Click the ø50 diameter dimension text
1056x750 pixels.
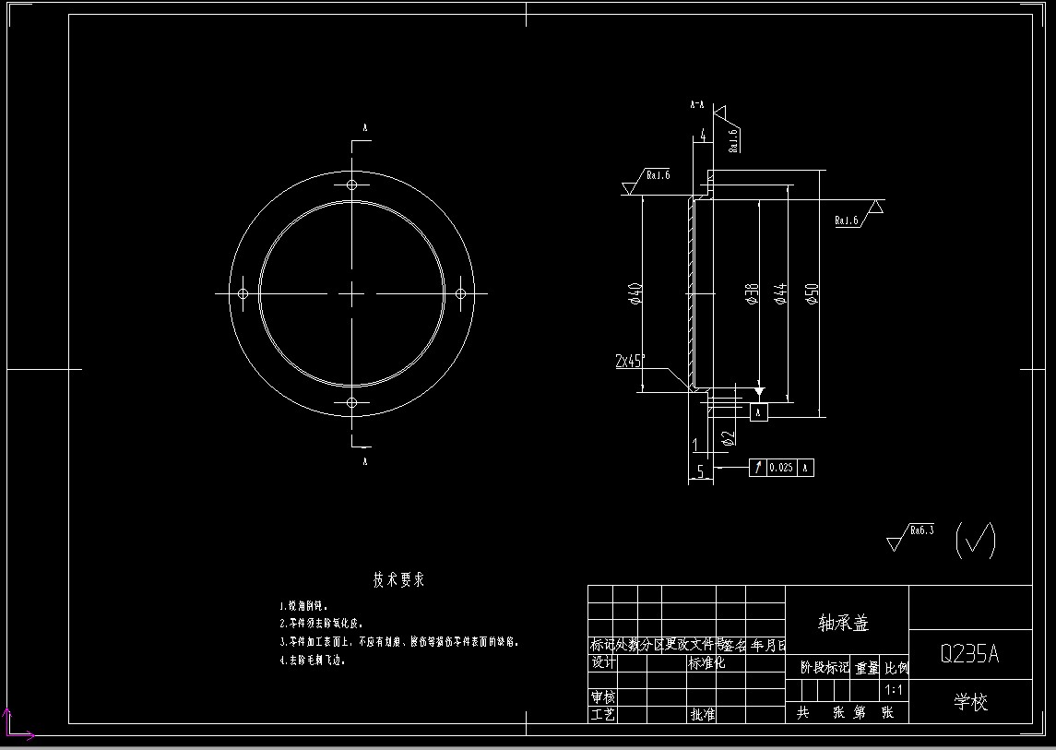tap(812, 292)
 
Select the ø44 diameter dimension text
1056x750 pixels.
tap(780, 292)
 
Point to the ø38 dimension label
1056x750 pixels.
tap(753, 293)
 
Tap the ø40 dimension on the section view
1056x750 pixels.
tap(635, 292)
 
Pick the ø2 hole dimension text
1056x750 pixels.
tap(728, 436)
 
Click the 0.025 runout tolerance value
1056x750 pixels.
tap(780, 468)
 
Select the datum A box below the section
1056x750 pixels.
tap(759, 412)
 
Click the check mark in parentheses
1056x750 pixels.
tap(975, 540)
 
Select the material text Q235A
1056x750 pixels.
tap(969, 654)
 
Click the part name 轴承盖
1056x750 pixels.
tap(844, 624)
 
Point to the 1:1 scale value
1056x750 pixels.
tap(894, 689)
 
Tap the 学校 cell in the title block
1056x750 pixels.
tap(970, 703)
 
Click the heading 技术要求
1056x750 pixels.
tap(398, 580)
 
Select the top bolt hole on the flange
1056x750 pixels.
tap(351, 185)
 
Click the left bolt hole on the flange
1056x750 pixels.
tap(243, 293)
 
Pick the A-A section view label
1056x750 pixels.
tap(697, 106)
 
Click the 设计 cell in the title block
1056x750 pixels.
tap(603, 662)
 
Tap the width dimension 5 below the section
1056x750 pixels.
tap(700, 470)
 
